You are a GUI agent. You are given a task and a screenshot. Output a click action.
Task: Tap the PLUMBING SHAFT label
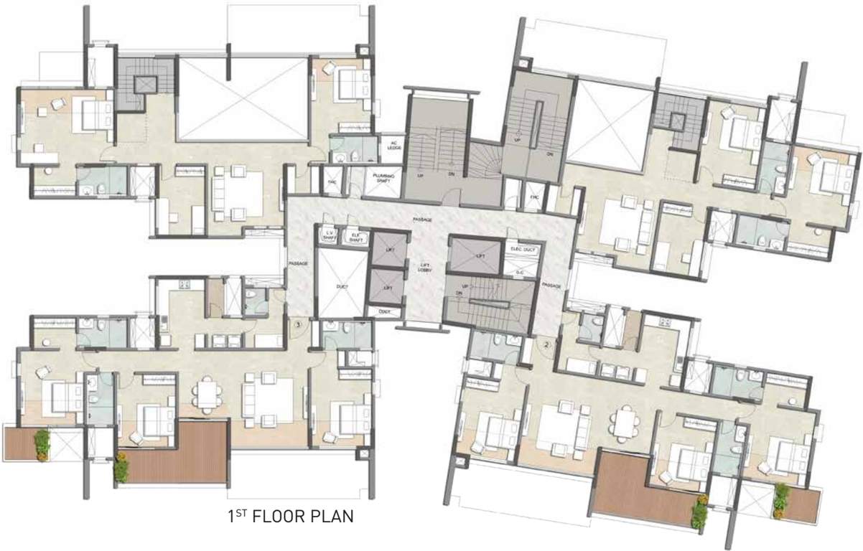[x=381, y=179]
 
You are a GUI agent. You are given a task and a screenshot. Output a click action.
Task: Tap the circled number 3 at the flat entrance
[x=297, y=324]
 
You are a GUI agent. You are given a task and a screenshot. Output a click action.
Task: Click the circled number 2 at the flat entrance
[x=547, y=344]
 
